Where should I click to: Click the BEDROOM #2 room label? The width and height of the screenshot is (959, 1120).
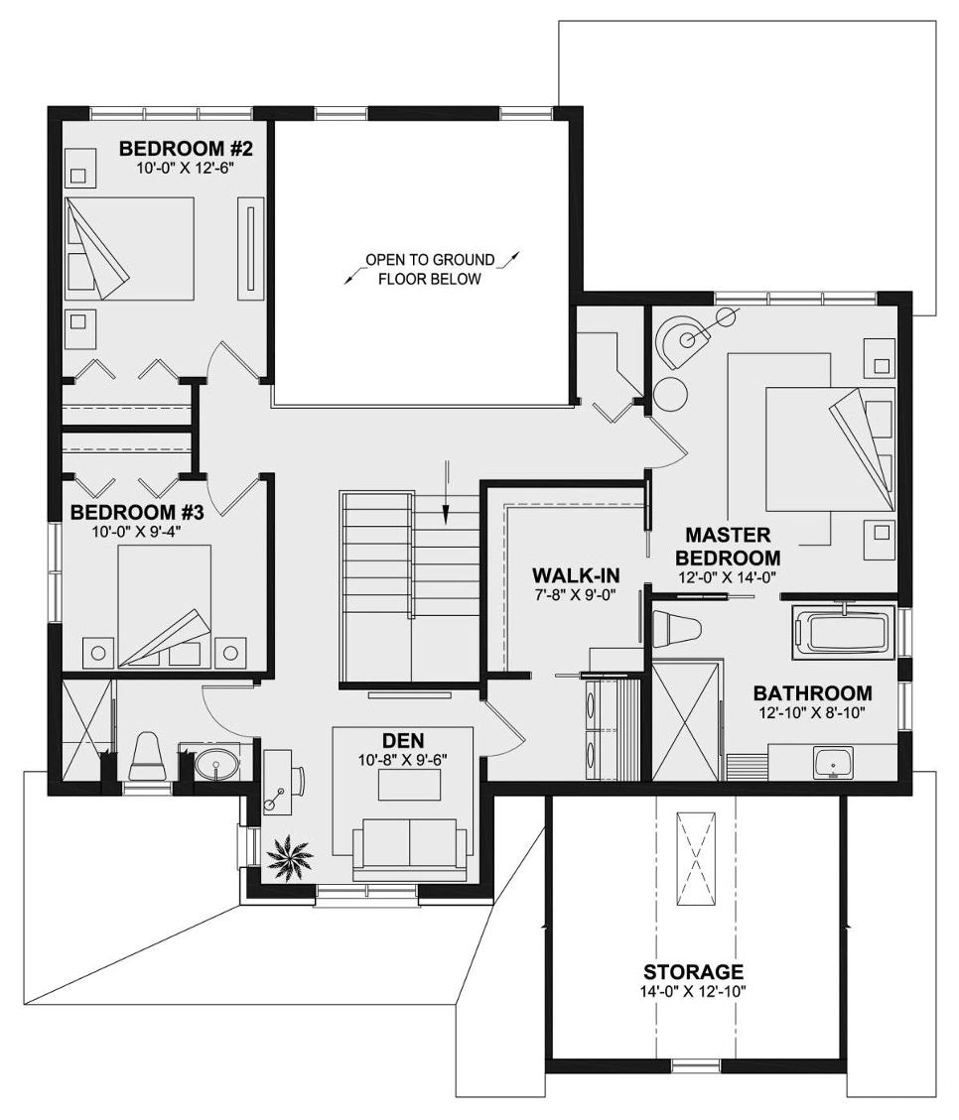186,149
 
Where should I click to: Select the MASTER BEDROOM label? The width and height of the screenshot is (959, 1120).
728,546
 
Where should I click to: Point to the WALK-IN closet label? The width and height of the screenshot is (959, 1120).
575,575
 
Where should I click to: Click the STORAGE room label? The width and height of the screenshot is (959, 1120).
693,971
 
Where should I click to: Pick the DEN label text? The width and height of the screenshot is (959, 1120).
402,741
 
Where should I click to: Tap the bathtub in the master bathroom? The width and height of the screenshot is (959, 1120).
843,630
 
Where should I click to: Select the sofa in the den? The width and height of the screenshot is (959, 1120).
409,849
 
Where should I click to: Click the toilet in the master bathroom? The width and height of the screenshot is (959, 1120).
677,629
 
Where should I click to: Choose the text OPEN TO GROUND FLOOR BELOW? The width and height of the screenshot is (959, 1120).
430,269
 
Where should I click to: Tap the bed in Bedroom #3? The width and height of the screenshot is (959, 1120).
165,606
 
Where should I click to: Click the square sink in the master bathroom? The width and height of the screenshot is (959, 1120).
833,763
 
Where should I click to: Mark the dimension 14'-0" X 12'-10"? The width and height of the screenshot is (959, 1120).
693,991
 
